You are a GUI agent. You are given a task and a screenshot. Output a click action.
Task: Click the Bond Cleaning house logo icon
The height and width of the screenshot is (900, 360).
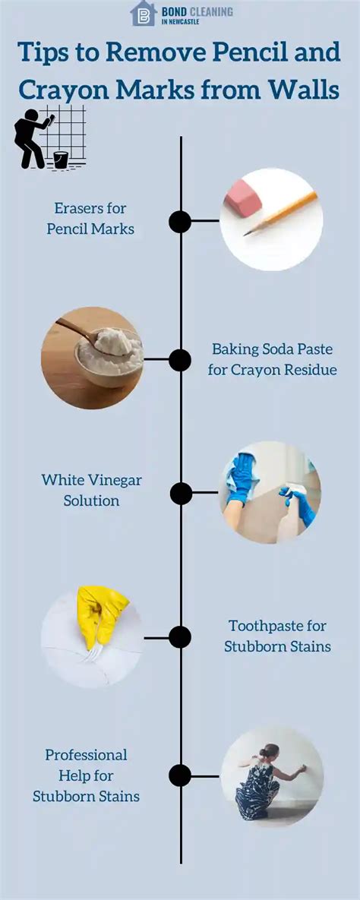click(144, 13)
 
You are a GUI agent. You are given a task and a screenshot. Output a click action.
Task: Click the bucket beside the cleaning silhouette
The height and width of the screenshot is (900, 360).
click(60, 159)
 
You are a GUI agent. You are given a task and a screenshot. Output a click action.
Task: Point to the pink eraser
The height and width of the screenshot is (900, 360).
click(243, 198)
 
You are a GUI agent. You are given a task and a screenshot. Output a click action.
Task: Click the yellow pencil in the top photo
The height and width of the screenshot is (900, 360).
click(280, 213)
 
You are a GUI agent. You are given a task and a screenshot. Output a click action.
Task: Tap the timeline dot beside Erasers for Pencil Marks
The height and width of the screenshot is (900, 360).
click(180, 222)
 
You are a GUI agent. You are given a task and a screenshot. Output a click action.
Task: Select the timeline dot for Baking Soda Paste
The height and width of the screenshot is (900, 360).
click(180, 360)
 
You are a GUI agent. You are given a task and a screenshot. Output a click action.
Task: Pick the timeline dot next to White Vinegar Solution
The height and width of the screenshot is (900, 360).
click(181, 494)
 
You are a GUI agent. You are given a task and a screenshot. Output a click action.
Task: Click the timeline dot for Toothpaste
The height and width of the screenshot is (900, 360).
click(180, 637)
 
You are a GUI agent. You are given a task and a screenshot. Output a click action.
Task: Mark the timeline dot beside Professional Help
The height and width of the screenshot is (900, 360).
click(180, 775)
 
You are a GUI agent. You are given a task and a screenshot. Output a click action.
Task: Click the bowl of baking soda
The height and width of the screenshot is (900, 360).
click(109, 356)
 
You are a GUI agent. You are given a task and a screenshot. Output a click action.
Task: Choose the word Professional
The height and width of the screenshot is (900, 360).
click(86, 754)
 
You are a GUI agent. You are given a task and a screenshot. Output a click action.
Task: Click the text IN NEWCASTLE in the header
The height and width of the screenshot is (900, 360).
click(180, 22)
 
